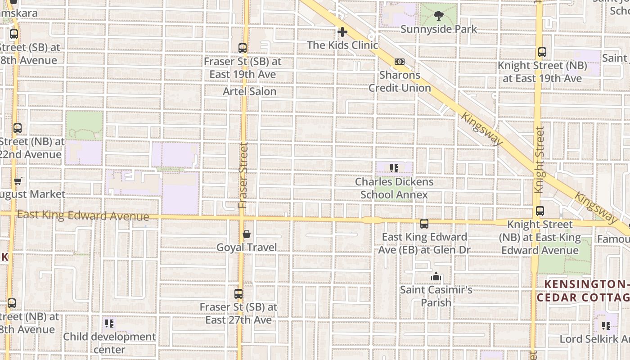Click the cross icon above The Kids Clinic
coord(342,32)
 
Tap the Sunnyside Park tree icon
coord(438,16)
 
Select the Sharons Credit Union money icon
coord(400,62)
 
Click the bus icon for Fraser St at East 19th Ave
coord(243,48)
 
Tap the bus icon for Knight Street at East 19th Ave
coord(542,52)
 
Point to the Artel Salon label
coord(250,91)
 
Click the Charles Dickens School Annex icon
coord(394,169)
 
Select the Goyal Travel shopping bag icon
coord(247,234)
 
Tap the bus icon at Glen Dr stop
coord(424,224)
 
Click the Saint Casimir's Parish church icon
coord(436,276)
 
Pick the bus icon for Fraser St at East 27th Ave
coord(238,294)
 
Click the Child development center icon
coord(109,323)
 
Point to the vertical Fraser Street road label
coord(243,175)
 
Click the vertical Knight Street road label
coord(540,160)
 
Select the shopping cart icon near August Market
coord(18,181)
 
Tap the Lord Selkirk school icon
coord(606,325)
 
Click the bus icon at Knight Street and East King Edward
coord(540,211)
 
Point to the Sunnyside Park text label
coord(438,29)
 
